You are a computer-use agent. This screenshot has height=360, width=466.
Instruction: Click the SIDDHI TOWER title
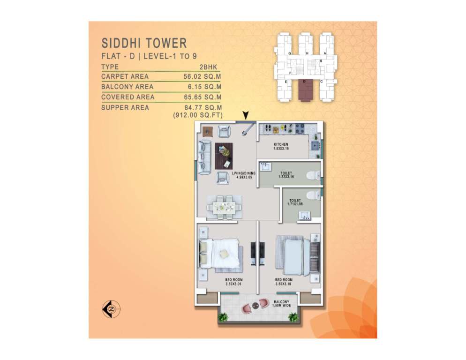pos(144,44)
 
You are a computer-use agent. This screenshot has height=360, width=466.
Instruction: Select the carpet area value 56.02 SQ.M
pos(203,76)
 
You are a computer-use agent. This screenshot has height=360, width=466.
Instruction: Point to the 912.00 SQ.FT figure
pos(197,114)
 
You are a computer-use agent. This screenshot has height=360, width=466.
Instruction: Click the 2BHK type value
pos(210,67)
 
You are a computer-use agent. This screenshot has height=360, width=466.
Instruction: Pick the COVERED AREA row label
pos(128,97)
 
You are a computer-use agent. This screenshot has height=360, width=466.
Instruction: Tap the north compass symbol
pos(111,309)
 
